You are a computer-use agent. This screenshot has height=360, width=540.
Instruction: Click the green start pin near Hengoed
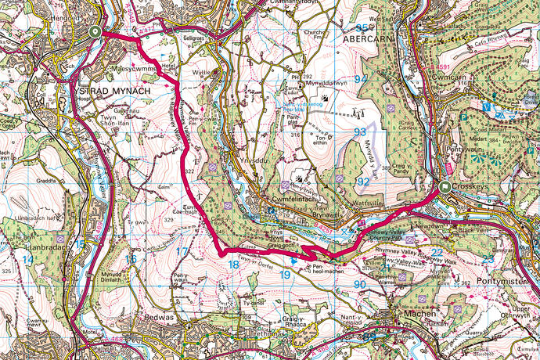click(95, 32)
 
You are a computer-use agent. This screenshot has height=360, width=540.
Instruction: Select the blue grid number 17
click(182, 252)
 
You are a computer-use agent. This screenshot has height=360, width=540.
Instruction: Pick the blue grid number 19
click(286, 275)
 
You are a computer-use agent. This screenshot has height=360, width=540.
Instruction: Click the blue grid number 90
click(360, 284)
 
